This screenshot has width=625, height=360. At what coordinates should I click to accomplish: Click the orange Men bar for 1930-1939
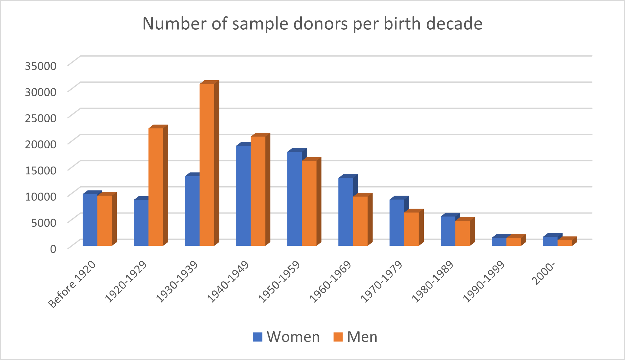[x=207, y=165]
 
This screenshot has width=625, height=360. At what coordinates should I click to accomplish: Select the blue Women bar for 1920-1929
[x=141, y=223]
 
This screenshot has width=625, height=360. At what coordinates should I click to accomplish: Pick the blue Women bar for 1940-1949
[x=243, y=196]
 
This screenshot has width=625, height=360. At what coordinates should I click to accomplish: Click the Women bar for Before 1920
[x=90, y=220]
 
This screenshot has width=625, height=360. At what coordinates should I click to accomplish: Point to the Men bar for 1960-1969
[x=360, y=221]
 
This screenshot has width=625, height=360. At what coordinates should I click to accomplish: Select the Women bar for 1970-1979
[x=397, y=223]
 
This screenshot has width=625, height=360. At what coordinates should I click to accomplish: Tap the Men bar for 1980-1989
[x=462, y=233]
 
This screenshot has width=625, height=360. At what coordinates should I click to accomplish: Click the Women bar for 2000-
[x=550, y=241]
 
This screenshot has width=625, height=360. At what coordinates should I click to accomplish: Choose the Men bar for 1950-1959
[x=309, y=203]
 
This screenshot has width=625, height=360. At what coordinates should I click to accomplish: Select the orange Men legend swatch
[x=338, y=337]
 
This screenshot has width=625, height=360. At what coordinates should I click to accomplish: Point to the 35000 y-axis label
[x=41, y=66]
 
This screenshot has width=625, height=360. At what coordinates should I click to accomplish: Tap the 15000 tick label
[x=41, y=170]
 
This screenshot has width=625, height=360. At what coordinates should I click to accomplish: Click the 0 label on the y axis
[x=53, y=249]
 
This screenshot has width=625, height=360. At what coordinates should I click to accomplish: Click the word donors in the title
[x=321, y=24]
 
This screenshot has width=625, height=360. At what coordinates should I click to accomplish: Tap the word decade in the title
[x=454, y=24]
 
